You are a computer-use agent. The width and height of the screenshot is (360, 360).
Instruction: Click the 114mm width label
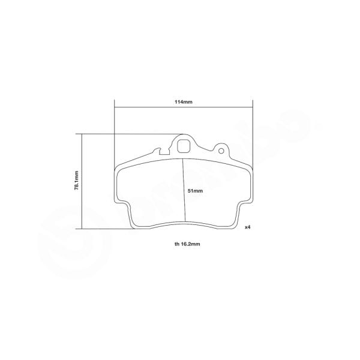[184, 102]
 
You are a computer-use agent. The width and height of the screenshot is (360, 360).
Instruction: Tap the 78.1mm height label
[77, 181]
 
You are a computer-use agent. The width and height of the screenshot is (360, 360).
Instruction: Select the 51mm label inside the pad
[196, 190]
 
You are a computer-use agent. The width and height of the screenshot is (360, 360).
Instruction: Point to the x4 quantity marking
[247, 227]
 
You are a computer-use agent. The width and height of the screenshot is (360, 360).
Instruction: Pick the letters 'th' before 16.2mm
[169, 245]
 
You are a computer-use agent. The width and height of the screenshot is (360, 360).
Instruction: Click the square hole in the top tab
[184, 145]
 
